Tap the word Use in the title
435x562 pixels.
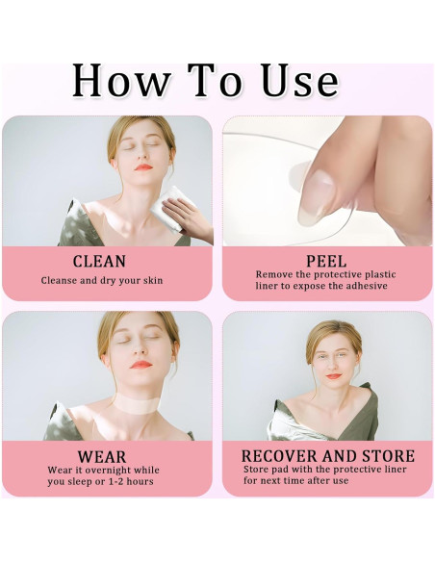tap(299, 80)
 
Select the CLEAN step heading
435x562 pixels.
tap(99, 262)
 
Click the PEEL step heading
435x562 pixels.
tap(326, 262)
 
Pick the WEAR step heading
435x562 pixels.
tap(102, 457)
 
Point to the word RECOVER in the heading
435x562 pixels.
tap(279, 456)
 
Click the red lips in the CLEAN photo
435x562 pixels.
tap(143, 167)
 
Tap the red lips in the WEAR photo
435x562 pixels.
tap(141, 365)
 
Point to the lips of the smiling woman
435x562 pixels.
tap(334, 376)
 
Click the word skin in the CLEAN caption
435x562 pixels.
tap(153, 280)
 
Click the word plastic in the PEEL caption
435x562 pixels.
tap(380, 275)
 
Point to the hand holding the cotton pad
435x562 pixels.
tap(187, 217)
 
